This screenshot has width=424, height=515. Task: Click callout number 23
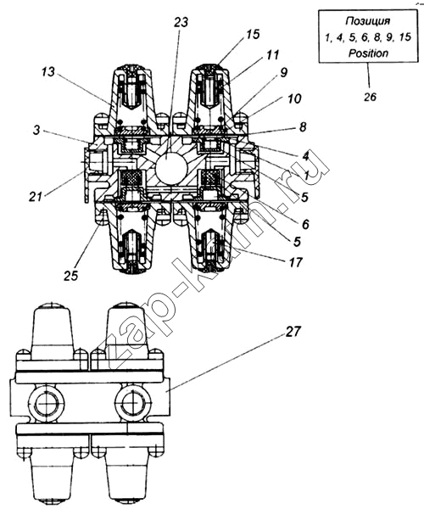[x=181, y=22]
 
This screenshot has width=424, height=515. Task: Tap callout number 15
[x=253, y=34]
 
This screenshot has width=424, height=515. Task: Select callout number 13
[x=48, y=72]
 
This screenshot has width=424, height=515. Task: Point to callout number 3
[x=36, y=130]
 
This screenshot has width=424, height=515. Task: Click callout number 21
[x=36, y=197]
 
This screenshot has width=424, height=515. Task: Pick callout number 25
[x=71, y=275]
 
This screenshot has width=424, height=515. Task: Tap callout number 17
[x=295, y=262]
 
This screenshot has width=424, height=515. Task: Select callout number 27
[x=293, y=332]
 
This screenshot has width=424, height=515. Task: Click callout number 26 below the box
[x=370, y=97]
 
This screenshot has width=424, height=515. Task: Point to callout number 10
[x=294, y=98]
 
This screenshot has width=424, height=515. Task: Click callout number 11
[x=273, y=54]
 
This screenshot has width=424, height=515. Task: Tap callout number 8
[x=303, y=126]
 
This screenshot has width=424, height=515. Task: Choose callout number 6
[x=305, y=224]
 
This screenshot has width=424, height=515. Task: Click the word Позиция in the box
[x=368, y=21]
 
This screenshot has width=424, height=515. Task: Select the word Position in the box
[x=368, y=53]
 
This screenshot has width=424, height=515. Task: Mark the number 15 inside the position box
[x=405, y=37]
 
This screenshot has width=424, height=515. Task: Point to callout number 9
[x=283, y=72]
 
